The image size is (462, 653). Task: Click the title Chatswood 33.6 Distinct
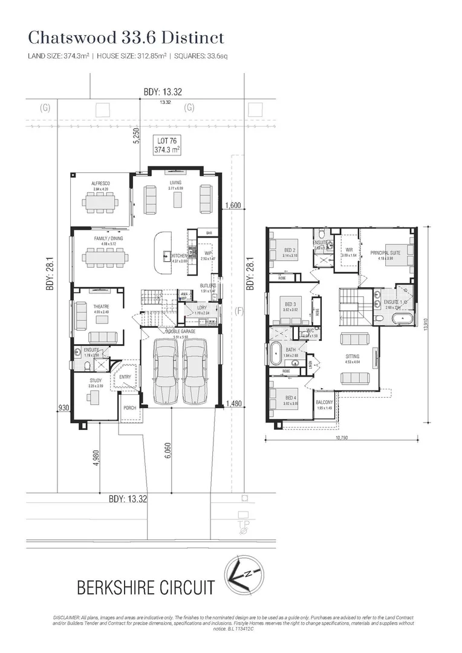[126, 37]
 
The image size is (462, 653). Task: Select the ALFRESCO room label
[100, 183]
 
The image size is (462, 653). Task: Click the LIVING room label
[175, 183]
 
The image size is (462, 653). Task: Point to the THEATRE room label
[101, 307]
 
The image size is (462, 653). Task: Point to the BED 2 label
[290, 250]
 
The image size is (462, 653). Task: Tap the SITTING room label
[351, 357]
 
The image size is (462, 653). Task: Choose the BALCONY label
[324, 402]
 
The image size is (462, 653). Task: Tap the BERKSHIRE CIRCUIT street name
[145, 586]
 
